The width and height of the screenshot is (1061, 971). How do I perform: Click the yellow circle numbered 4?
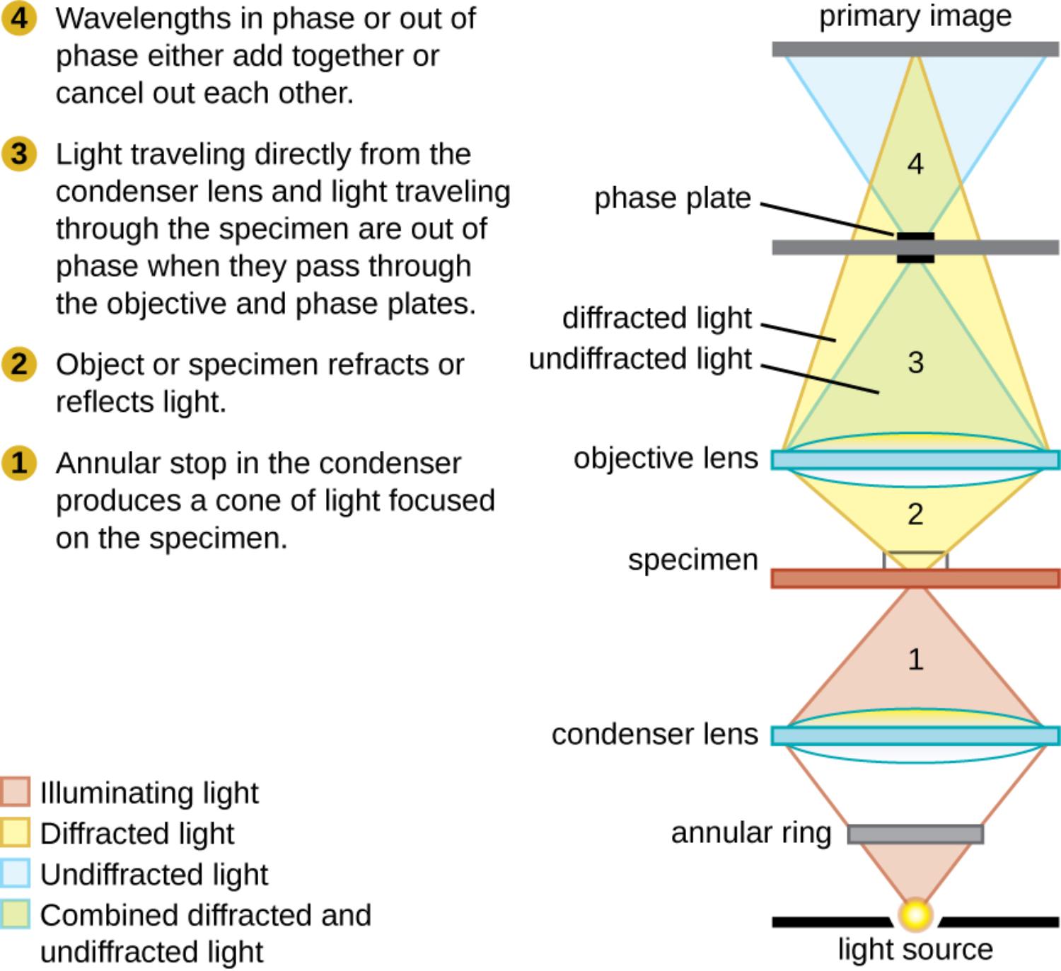(19, 18)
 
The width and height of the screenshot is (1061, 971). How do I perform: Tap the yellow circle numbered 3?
(19, 154)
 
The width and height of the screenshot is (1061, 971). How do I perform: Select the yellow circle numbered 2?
(19, 364)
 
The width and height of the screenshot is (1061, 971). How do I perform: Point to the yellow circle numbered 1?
(19, 463)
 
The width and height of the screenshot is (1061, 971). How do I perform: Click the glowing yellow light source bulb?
(915, 914)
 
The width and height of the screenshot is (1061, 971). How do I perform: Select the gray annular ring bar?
(915, 834)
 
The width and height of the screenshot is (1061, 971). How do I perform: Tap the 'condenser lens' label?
(654, 734)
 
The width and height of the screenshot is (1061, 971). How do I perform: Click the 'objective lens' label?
(666, 458)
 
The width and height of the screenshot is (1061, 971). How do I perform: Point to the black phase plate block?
(915, 248)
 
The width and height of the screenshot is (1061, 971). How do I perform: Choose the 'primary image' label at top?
(915, 16)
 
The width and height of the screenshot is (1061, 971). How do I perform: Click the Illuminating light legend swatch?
(15, 792)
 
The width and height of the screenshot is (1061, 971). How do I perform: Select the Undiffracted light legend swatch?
(15, 873)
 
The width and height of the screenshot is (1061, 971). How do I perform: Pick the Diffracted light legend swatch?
(15, 833)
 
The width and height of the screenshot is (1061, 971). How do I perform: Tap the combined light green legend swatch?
(15, 914)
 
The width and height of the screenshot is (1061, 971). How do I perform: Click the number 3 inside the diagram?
(915, 362)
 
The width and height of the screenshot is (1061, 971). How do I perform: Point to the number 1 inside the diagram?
(915, 660)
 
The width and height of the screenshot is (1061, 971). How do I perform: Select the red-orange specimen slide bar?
(915, 579)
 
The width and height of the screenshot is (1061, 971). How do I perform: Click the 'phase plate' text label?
(672, 198)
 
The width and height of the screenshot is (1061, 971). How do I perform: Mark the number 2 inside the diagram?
(915, 515)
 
